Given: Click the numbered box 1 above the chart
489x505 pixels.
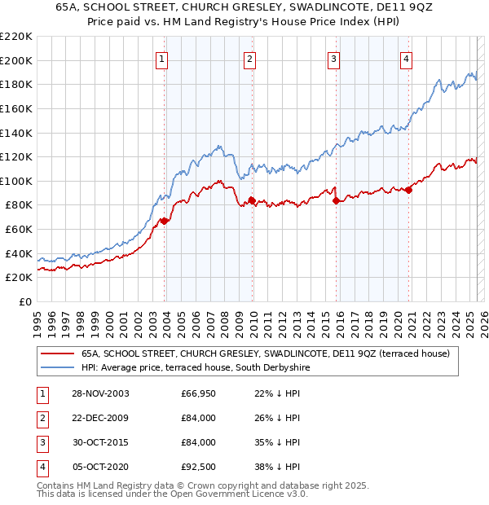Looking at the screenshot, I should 162,58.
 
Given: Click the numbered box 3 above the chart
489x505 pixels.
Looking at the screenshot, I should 334,58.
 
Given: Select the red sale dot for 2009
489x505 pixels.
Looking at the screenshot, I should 252,200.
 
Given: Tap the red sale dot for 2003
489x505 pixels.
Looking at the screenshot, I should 165,220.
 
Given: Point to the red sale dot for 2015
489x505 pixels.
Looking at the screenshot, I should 337,200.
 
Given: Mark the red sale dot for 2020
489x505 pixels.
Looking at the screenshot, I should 408,190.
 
